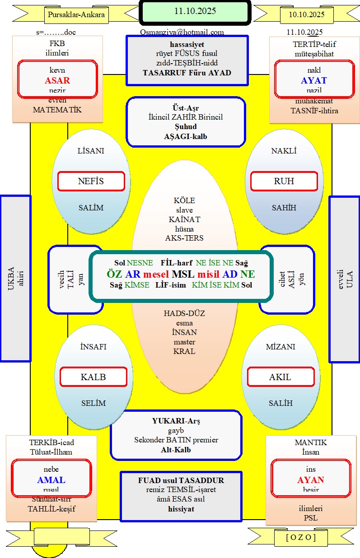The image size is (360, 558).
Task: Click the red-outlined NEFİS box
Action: click(91, 181)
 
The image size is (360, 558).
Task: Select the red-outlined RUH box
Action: click(284, 181)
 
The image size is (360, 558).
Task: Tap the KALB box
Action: click(93, 377)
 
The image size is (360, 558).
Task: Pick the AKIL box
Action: click(280, 377)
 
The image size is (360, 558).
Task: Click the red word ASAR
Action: click(57, 81)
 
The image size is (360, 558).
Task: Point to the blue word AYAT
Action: click(313, 81)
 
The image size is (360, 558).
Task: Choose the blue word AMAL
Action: click(51, 480)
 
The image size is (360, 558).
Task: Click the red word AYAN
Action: click(310, 480)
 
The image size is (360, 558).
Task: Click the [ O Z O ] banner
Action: click(301, 537)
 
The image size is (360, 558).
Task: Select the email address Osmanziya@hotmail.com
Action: click(182, 32)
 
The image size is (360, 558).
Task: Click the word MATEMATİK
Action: click(57, 110)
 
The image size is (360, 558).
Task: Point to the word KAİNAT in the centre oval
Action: click(184, 219)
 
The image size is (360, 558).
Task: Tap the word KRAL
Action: click(184, 351)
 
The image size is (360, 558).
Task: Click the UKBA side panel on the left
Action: click(15, 278)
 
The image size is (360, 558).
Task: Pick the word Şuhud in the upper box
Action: click(186, 126)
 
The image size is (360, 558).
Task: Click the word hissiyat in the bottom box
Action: click(181, 509)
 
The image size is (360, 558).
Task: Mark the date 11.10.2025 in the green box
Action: click(195, 11)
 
